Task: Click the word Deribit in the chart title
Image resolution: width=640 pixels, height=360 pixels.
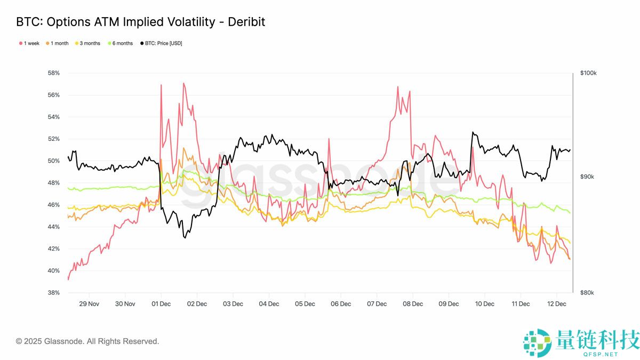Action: coord(246,22)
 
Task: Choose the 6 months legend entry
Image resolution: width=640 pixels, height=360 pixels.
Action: coord(122,43)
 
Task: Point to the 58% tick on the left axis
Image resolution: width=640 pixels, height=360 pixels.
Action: coord(53,73)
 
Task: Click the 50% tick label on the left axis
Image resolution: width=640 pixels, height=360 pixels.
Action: coord(53,161)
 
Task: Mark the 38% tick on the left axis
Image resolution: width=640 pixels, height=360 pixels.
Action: coord(53,293)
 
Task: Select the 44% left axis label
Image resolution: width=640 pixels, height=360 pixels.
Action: coord(53,227)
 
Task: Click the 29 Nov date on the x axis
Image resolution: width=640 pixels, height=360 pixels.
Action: coord(89,304)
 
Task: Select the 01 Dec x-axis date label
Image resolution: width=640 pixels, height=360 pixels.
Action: coord(161,304)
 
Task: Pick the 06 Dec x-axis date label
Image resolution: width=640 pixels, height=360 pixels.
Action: coord(341,304)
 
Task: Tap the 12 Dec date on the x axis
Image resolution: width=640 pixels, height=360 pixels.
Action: coord(557,304)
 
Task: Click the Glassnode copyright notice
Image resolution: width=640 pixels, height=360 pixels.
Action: coord(87,341)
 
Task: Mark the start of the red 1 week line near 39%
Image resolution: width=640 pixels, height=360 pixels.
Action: coord(68,279)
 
